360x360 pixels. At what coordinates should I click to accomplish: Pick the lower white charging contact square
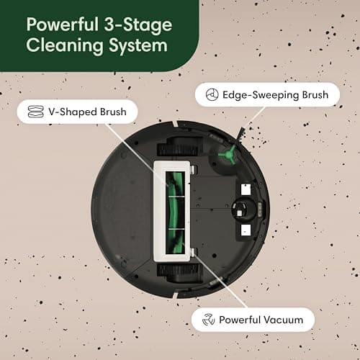(x=243, y=230)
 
